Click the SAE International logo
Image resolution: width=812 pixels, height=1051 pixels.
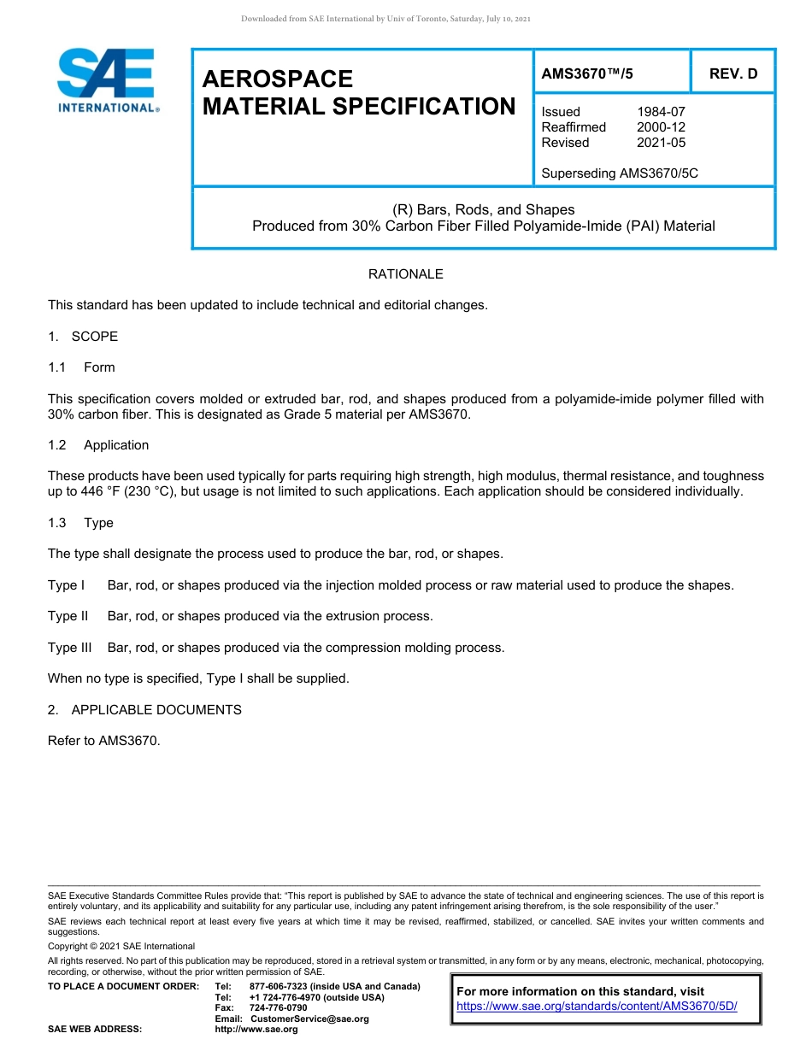tap(106, 81)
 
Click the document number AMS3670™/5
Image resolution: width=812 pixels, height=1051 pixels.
tap(587, 73)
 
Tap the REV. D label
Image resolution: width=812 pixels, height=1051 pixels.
tap(733, 73)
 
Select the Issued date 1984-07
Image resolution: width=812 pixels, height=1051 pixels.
tap(661, 112)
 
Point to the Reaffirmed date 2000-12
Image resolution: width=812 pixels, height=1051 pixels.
tap(661, 127)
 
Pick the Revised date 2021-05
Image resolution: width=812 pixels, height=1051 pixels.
tap(661, 143)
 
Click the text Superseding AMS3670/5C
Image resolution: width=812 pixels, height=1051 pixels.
tap(620, 173)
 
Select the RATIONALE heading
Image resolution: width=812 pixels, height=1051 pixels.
tap(405, 274)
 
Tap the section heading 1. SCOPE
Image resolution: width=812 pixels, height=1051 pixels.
tap(83, 337)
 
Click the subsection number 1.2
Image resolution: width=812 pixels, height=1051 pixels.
tap(57, 445)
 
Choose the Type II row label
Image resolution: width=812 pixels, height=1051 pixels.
tap(68, 616)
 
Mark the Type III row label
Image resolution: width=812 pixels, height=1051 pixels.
tap(69, 648)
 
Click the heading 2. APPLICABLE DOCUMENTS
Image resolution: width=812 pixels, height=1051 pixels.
tap(144, 710)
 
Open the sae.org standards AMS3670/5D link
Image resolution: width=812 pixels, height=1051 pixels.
tap(597, 1007)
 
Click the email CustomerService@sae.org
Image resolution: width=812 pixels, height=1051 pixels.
tap(309, 1019)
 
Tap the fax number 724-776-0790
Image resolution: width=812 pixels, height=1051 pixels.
tap(278, 1008)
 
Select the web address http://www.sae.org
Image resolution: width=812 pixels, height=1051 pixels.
tap(256, 1030)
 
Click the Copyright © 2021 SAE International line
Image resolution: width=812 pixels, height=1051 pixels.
tap(121, 946)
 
